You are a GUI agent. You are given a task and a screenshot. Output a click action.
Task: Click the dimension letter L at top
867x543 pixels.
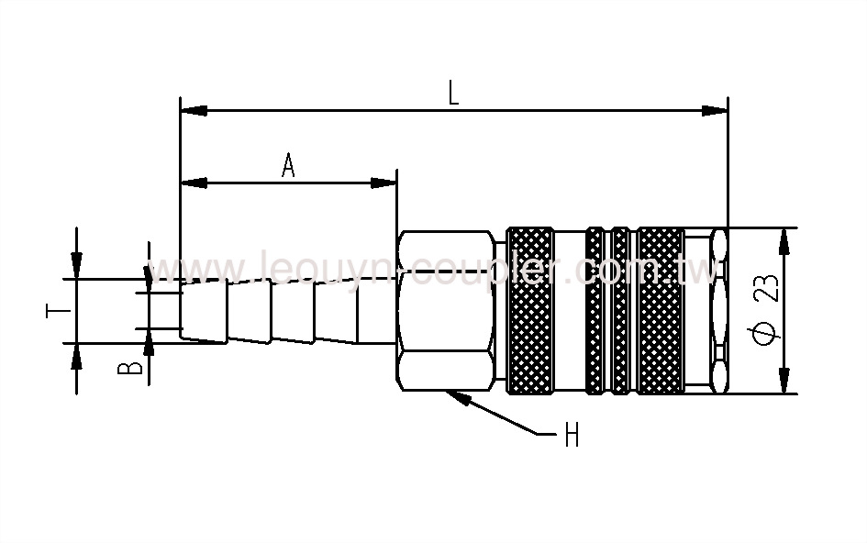454,94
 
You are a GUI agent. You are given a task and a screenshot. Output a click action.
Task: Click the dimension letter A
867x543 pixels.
288,166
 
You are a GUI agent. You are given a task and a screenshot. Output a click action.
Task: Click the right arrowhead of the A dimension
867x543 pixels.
388,183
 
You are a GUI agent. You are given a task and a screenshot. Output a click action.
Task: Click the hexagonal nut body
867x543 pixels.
445,312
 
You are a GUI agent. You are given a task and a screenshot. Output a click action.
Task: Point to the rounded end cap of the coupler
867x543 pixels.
717,312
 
